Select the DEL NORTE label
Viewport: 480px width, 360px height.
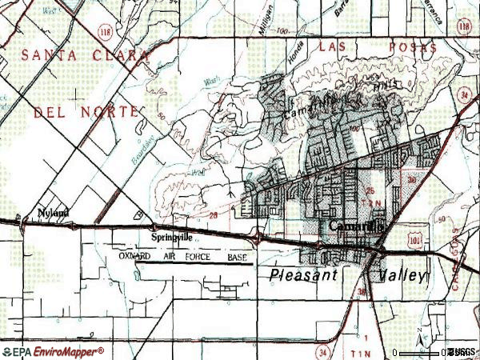pyautogui.click(x=86, y=113)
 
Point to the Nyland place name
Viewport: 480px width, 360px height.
pyautogui.click(x=54, y=213)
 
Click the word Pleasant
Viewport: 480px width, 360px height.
pyautogui.click(x=307, y=274)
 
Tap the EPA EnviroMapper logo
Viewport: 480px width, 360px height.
pyautogui.click(x=52, y=351)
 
